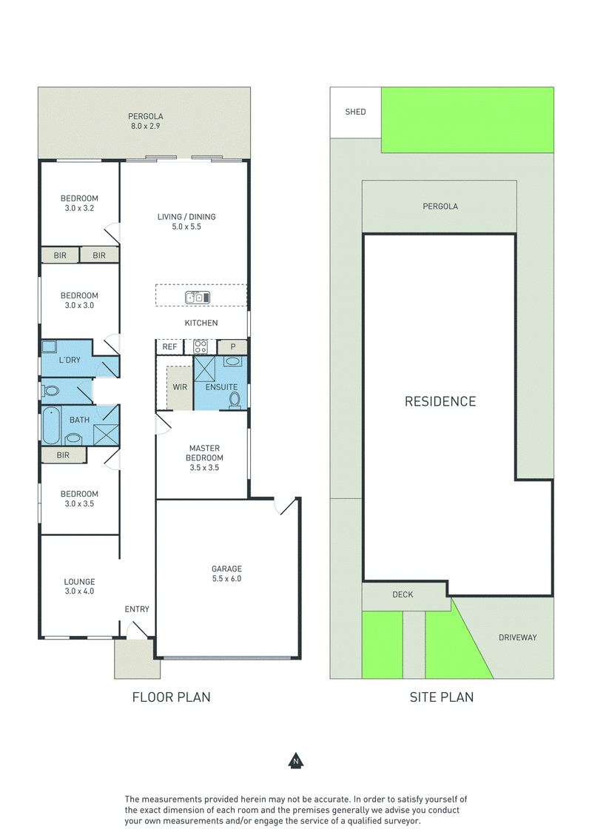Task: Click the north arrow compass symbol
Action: click(x=295, y=760)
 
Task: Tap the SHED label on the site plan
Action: click(x=355, y=112)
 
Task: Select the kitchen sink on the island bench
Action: click(x=198, y=297)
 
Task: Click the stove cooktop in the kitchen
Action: click(x=201, y=346)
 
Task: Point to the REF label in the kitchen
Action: click(x=169, y=347)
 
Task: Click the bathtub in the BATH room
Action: click(x=51, y=426)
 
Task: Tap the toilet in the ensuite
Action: click(x=234, y=399)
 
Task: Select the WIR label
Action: click(x=180, y=387)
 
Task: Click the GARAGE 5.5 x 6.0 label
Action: click(x=226, y=574)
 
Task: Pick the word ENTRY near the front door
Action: click(x=137, y=609)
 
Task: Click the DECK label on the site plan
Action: click(x=403, y=594)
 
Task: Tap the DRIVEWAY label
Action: click(x=518, y=637)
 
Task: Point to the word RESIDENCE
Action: click(x=440, y=401)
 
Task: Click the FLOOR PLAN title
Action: click(x=172, y=697)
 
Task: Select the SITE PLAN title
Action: click(x=442, y=697)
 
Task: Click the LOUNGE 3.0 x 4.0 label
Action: click(x=79, y=586)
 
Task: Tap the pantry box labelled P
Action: click(x=232, y=347)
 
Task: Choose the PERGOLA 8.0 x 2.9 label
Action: click(x=145, y=121)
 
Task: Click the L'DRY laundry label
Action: click(x=70, y=361)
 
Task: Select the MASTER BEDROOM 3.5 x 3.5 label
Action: click(x=205, y=458)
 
